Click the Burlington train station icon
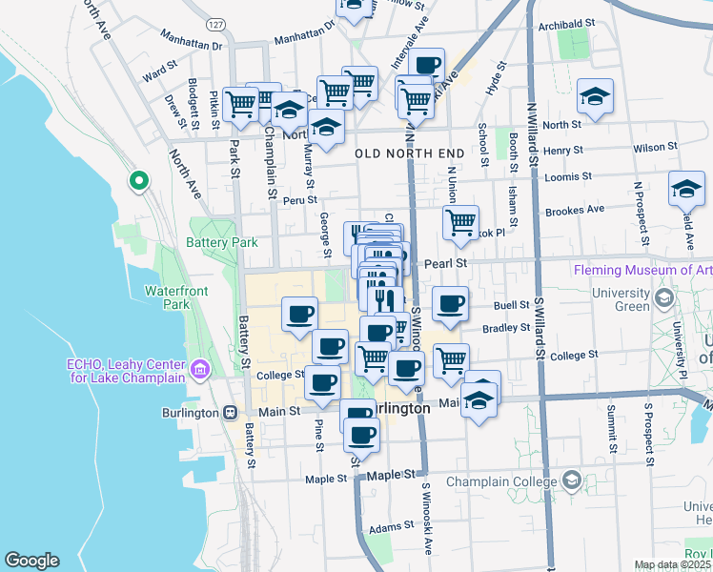coord(230,413)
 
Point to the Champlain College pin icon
coord(571,479)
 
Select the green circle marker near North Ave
coord(138,179)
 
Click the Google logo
coord(31,561)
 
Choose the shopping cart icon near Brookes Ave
coord(461,223)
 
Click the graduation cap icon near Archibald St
coord(596,96)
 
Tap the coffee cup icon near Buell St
coord(450,304)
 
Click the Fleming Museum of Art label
coord(643,270)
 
